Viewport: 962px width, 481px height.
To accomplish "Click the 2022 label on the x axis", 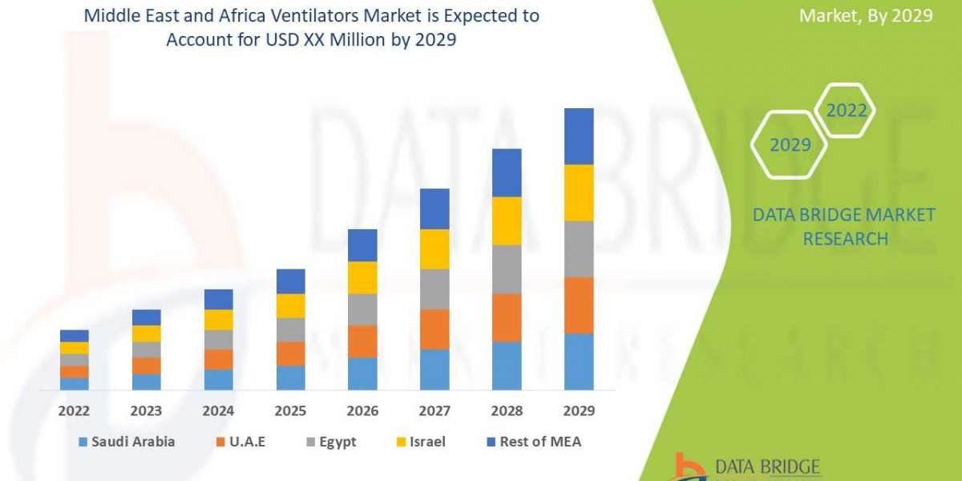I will click(74, 410).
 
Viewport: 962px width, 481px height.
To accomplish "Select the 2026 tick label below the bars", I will click(362, 410).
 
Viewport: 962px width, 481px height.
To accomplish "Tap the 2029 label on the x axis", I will click(579, 410).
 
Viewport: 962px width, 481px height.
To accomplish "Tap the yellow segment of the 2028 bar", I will click(507, 220).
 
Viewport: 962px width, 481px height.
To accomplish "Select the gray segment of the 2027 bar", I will click(435, 289).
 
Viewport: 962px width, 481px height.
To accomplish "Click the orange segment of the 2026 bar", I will click(362, 342).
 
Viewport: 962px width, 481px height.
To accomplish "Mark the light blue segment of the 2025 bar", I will click(290, 378).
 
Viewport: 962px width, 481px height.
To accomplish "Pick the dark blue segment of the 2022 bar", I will click(74, 336).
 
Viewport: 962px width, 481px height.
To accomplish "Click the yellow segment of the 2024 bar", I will click(218, 320).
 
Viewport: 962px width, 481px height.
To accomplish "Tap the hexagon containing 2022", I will click(847, 111).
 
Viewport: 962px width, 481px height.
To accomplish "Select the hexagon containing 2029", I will click(789, 144).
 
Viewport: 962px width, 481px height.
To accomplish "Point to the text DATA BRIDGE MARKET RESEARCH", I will click(844, 227).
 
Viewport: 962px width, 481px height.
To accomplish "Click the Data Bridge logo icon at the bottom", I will click(689, 467).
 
